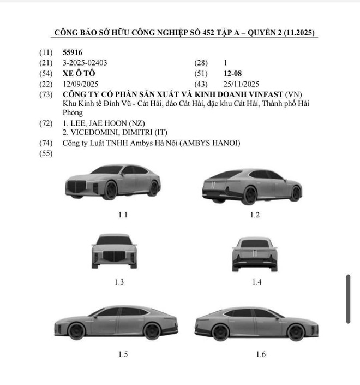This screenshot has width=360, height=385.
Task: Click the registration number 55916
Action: click(73, 52)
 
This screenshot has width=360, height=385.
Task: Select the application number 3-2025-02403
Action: click(85, 63)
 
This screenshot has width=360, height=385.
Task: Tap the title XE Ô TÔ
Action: click(79, 73)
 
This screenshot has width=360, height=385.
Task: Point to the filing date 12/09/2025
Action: click(80, 84)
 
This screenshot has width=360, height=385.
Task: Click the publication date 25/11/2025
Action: click(241, 84)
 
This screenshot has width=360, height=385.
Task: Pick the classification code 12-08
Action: click(232, 73)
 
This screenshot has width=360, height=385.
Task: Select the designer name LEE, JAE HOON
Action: click(99, 123)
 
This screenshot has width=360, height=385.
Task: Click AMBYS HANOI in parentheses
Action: click(210, 143)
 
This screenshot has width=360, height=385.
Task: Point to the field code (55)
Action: click(46, 153)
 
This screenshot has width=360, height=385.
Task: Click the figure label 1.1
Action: click(123, 215)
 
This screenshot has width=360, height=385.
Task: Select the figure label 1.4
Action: click(257, 282)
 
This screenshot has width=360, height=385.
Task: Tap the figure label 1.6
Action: click(261, 354)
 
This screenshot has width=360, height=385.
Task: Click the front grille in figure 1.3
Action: click(114, 256)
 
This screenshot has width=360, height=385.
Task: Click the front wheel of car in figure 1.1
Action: click(111, 190)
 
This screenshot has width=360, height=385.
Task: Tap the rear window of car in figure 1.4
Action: click(255, 244)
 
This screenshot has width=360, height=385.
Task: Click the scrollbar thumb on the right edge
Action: click(348, 299)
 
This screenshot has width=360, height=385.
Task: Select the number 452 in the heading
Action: click(208, 33)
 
